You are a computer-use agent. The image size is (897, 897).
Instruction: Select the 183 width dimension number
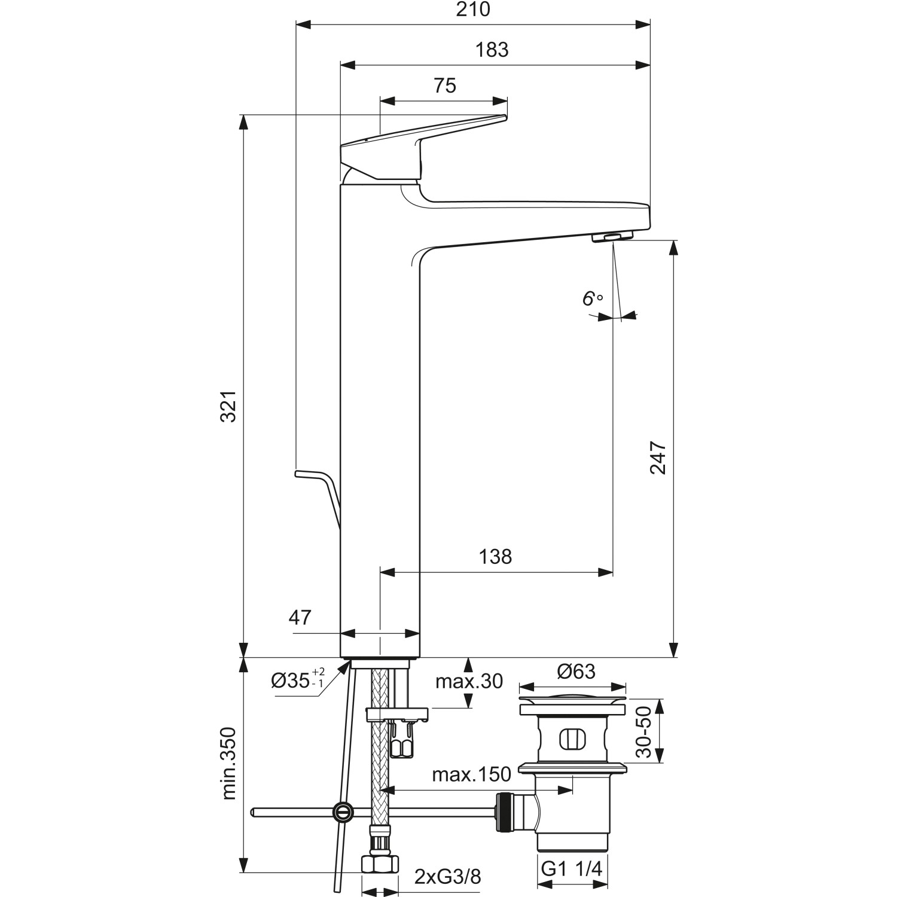[493, 50]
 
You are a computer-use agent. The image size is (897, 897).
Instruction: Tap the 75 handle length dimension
[445, 86]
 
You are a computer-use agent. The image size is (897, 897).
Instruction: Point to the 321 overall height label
[229, 407]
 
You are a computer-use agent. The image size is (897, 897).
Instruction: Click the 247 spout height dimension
[658, 458]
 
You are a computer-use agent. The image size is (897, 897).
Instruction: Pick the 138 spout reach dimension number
[496, 557]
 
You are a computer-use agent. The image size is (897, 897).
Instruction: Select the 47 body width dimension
[300, 617]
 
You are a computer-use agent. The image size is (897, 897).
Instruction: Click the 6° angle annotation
[592, 299]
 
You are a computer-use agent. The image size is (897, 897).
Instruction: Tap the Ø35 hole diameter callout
[298, 681]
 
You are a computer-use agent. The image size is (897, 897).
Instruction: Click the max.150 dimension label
[472, 774]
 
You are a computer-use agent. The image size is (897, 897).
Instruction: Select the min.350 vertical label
[229, 764]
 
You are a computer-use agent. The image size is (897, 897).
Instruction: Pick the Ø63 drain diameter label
[576, 672]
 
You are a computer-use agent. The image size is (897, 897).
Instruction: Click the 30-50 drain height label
[643, 731]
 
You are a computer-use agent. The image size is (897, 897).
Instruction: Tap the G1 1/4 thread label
[572, 869]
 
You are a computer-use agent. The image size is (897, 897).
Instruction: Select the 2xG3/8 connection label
[448, 877]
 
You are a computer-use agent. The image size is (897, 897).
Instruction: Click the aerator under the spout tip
[611, 238]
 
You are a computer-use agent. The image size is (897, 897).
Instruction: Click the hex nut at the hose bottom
[380, 864]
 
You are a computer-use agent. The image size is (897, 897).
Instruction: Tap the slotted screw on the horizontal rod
[341, 811]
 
